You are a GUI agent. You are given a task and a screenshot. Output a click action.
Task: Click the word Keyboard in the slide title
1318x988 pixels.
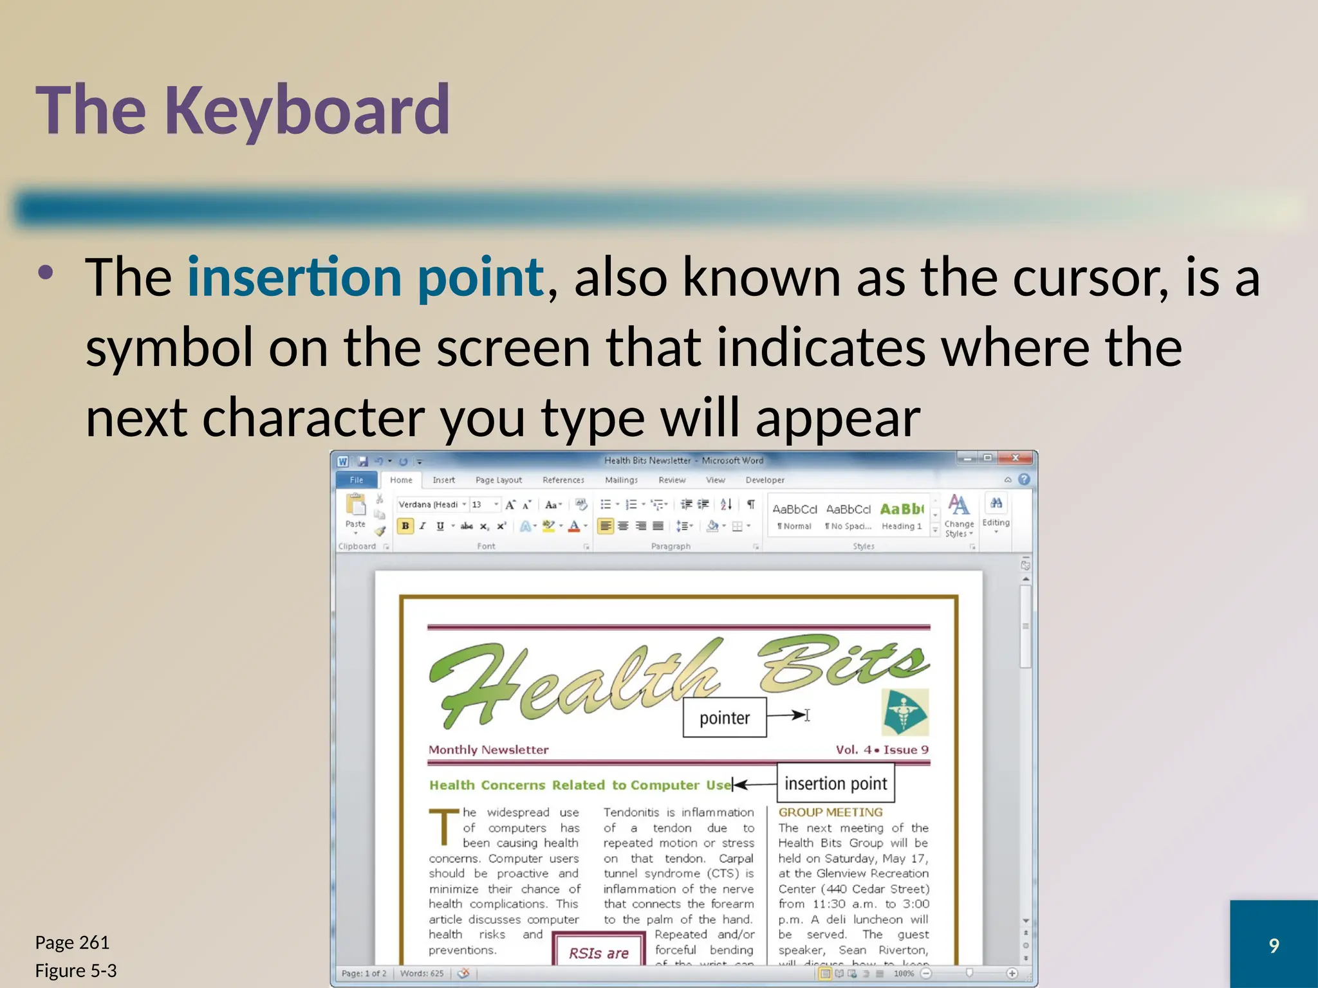point(307,111)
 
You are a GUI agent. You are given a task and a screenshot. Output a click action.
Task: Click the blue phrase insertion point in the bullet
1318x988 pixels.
point(366,277)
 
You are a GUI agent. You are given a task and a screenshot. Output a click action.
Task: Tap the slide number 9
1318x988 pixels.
point(1273,945)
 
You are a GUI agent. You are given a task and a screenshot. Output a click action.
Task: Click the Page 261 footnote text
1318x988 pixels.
point(72,942)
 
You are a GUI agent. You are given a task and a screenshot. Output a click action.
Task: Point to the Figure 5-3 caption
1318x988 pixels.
point(76,970)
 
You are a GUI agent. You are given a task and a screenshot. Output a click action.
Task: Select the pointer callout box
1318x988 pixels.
point(724,718)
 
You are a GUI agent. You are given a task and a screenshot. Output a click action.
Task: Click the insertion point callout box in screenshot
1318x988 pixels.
point(835,783)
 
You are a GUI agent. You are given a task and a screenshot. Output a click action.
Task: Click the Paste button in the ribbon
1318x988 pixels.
point(355,511)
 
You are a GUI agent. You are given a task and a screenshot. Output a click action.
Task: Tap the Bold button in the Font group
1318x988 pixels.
point(405,526)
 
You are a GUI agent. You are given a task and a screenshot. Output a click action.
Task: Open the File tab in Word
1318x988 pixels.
point(357,480)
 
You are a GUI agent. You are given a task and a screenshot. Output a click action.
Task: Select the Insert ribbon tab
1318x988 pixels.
point(443,480)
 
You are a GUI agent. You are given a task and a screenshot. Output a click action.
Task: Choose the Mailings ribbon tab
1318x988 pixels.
point(621,480)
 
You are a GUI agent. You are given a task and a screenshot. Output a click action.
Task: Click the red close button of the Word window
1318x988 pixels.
point(1016,458)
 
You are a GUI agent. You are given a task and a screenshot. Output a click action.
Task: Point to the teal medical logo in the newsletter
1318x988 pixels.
point(905,712)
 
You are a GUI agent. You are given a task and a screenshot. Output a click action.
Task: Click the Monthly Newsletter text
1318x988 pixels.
point(488,749)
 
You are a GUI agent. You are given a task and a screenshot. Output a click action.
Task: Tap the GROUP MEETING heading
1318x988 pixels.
point(830,812)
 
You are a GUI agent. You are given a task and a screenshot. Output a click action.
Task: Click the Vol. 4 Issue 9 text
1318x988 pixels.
point(882,749)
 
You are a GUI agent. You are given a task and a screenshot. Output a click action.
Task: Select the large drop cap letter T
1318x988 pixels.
point(443,827)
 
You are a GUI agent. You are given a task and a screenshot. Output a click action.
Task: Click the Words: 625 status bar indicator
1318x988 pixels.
point(422,973)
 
